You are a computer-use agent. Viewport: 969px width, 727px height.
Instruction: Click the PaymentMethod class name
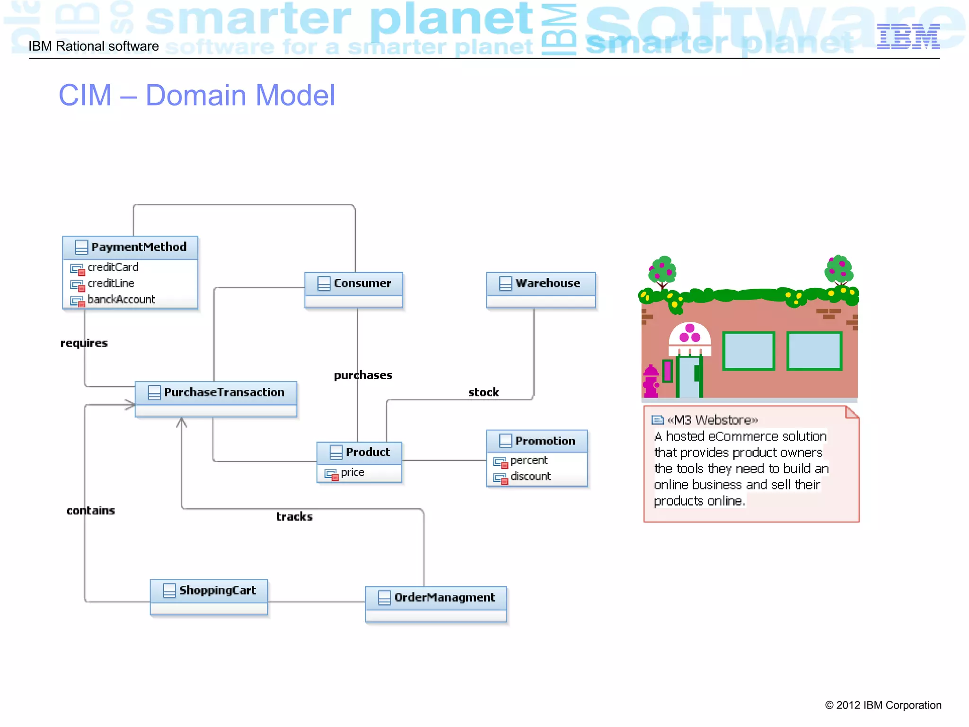(x=139, y=247)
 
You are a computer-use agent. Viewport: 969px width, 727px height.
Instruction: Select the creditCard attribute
(x=113, y=267)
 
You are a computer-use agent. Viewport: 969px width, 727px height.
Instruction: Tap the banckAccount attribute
(x=121, y=300)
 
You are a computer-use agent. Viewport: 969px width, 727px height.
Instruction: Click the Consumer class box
(x=353, y=290)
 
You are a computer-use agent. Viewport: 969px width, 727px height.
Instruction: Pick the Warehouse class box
(x=541, y=290)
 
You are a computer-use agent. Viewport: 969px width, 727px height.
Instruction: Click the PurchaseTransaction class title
(x=224, y=392)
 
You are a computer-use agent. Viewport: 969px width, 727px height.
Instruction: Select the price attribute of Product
(x=352, y=472)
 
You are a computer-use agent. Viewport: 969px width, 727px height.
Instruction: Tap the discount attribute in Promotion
(x=530, y=476)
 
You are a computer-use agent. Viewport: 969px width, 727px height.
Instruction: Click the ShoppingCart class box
(x=209, y=597)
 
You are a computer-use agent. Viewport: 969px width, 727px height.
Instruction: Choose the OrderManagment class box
(x=436, y=604)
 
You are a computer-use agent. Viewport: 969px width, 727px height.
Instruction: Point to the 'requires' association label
(x=84, y=343)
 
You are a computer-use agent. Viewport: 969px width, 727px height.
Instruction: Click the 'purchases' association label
(x=363, y=375)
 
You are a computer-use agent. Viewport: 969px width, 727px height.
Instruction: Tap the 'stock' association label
(x=484, y=392)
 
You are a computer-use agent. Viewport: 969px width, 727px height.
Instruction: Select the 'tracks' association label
(x=294, y=517)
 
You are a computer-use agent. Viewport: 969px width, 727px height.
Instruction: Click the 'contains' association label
(x=91, y=511)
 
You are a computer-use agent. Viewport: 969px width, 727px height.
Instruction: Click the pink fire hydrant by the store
(x=651, y=381)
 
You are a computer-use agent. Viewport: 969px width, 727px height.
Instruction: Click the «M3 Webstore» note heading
(x=712, y=420)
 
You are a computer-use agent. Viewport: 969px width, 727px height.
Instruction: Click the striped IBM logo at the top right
(x=908, y=37)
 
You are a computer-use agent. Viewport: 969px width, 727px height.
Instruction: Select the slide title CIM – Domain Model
(x=197, y=95)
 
